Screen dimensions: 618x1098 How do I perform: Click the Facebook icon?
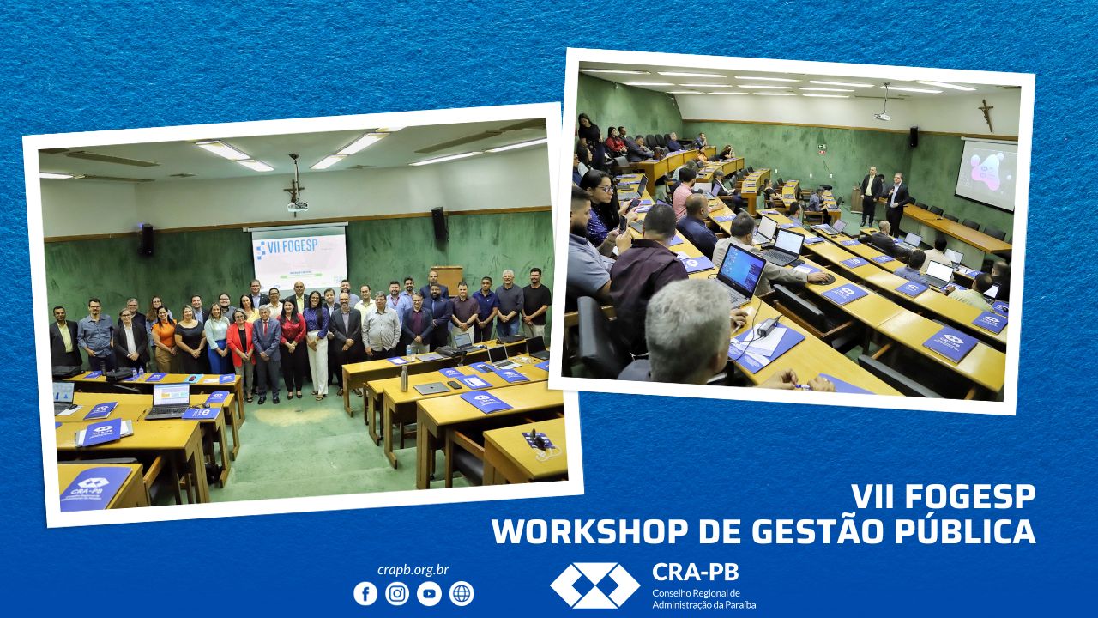click(x=365, y=594)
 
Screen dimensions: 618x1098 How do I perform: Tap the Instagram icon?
click(x=397, y=594)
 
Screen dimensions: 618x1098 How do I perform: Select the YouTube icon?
click(x=429, y=594)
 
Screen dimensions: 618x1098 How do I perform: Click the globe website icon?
click(x=462, y=594)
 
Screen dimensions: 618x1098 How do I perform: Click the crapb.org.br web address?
click(x=413, y=570)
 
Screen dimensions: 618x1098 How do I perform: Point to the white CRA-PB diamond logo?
click(x=594, y=585)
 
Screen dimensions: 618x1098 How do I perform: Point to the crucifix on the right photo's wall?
click(x=987, y=114)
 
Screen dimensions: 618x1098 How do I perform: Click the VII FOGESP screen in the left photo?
click(x=299, y=257)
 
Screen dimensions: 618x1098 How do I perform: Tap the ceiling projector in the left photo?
click(x=297, y=205)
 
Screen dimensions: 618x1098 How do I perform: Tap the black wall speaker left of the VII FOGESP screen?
click(x=147, y=239)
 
